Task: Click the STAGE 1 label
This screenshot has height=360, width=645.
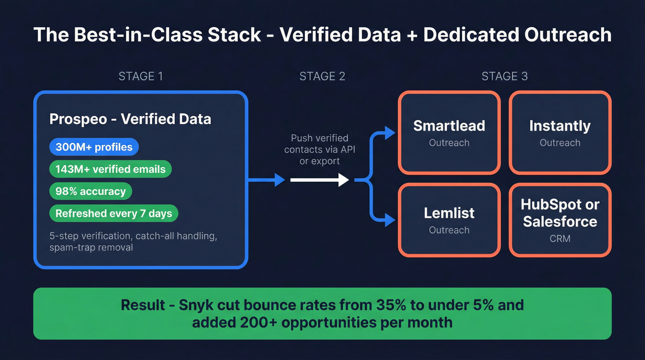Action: (141, 76)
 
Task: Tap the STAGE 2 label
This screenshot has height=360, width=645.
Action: (322, 76)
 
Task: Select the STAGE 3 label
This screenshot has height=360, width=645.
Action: (504, 76)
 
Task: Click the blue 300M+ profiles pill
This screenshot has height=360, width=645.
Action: (94, 147)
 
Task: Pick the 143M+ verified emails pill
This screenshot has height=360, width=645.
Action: (110, 169)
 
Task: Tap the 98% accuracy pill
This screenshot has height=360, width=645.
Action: (90, 191)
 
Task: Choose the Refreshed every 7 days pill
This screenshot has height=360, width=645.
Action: (113, 213)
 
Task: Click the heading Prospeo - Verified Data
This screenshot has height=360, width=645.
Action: (130, 119)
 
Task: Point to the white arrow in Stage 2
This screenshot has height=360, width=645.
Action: (319, 180)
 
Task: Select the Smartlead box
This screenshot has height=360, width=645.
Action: (449, 133)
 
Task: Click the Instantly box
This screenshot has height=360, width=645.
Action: (560, 133)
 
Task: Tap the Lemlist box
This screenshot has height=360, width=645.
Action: (449, 220)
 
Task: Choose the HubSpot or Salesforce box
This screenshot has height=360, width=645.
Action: (560, 220)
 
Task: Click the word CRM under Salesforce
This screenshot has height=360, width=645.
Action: (560, 238)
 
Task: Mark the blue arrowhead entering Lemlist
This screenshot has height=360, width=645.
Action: (390, 221)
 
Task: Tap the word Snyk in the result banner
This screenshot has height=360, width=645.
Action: (192, 305)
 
